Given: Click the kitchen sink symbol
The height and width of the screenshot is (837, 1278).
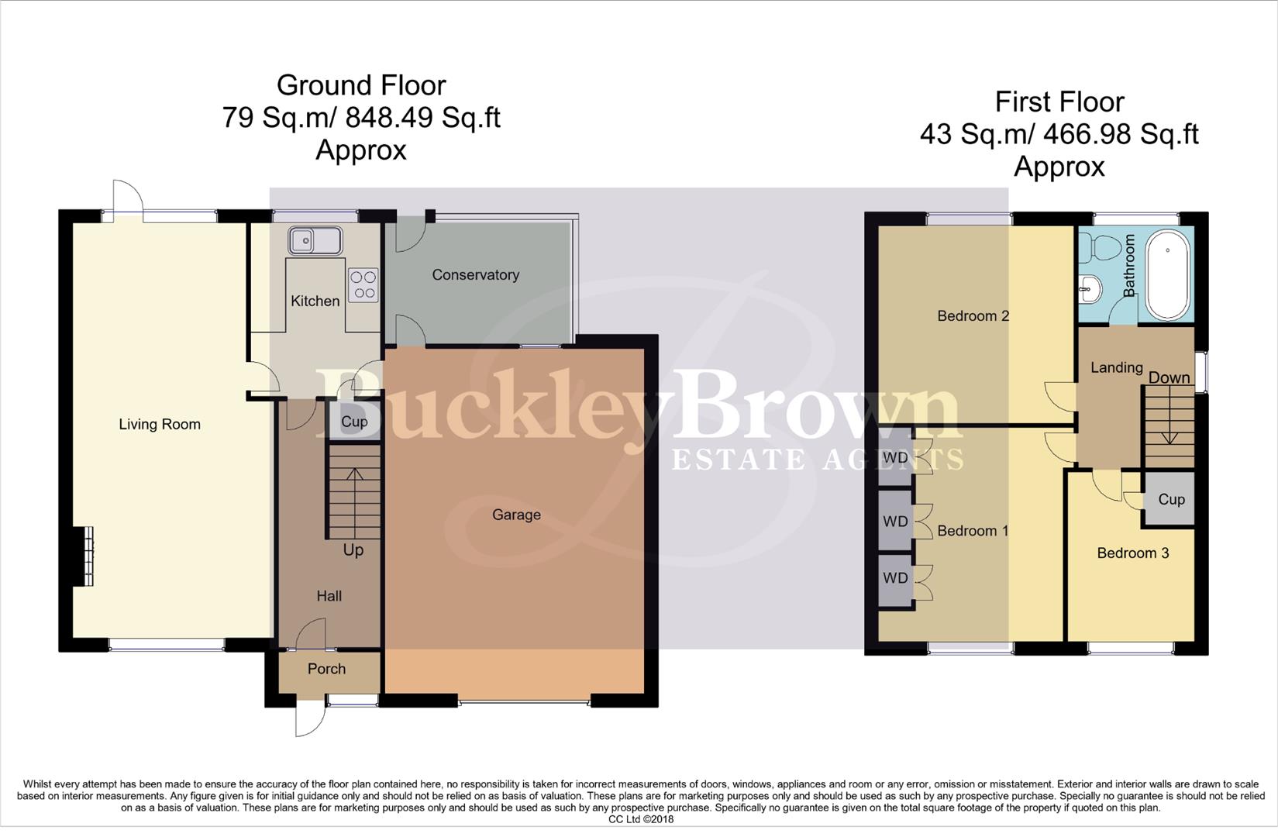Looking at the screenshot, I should [x=315, y=241].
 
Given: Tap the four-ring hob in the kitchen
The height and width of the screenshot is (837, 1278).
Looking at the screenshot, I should [x=363, y=284].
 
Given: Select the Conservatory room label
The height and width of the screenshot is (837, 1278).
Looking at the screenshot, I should [x=475, y=275].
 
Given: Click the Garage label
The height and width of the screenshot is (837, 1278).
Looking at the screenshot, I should [x=516, y=515].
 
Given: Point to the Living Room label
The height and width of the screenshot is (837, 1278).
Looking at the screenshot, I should [x=160, y=425].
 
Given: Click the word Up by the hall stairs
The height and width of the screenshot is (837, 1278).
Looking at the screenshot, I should [x=353, y=550].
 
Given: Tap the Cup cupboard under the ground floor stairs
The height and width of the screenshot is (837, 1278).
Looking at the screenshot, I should [x=354, y=422].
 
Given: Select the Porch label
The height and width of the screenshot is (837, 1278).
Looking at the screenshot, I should [x=326, y=669].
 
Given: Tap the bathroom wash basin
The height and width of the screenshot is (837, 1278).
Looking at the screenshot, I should [x=1089, y=290].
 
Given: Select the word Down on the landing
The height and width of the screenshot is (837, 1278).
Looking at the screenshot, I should [x=1169, y=378].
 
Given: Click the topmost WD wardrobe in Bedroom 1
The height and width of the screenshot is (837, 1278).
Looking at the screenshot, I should [x=895, y=458].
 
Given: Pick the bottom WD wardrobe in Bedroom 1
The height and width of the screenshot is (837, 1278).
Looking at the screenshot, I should [x=895, y=578].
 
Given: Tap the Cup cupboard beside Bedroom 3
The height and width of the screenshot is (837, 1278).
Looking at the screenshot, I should [x=1171, y=500].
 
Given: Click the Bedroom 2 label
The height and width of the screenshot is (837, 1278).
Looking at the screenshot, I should [x=973, y=316].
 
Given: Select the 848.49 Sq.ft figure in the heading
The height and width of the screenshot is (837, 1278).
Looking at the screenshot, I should [x=423, y=118].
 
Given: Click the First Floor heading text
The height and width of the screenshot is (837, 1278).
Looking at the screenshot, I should [x=1059, y=102].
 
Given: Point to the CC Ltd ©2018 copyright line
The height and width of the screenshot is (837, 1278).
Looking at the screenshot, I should [x=640, y=819].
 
